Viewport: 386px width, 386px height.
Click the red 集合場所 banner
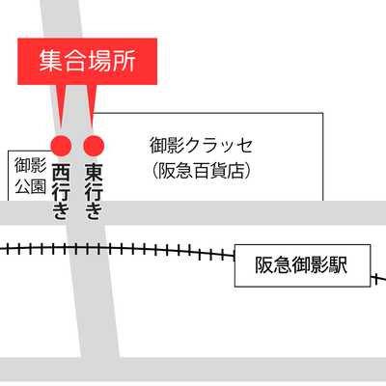[87, 62]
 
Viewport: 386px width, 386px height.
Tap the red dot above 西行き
[61, 146]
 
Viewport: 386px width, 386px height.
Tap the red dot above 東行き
[94, 146]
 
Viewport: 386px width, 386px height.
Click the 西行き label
[61, 192]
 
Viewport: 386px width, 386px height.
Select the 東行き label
[94, 192]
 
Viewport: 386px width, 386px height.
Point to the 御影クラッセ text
[201, 146]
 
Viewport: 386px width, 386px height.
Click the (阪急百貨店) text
[201, 171]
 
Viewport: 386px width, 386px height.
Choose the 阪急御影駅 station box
[302, 265]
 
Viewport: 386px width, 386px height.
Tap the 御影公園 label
[31, 176]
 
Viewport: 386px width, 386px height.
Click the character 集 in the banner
[50, 61]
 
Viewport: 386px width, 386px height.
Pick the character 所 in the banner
[124, 61]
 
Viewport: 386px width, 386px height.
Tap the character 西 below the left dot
[61, 172]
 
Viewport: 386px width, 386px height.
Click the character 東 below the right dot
[94, 172]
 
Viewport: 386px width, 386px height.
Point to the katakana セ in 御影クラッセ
[243, 146]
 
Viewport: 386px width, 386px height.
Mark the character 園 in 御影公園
[39, 186]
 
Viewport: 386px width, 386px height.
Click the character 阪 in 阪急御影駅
[264, 265]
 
